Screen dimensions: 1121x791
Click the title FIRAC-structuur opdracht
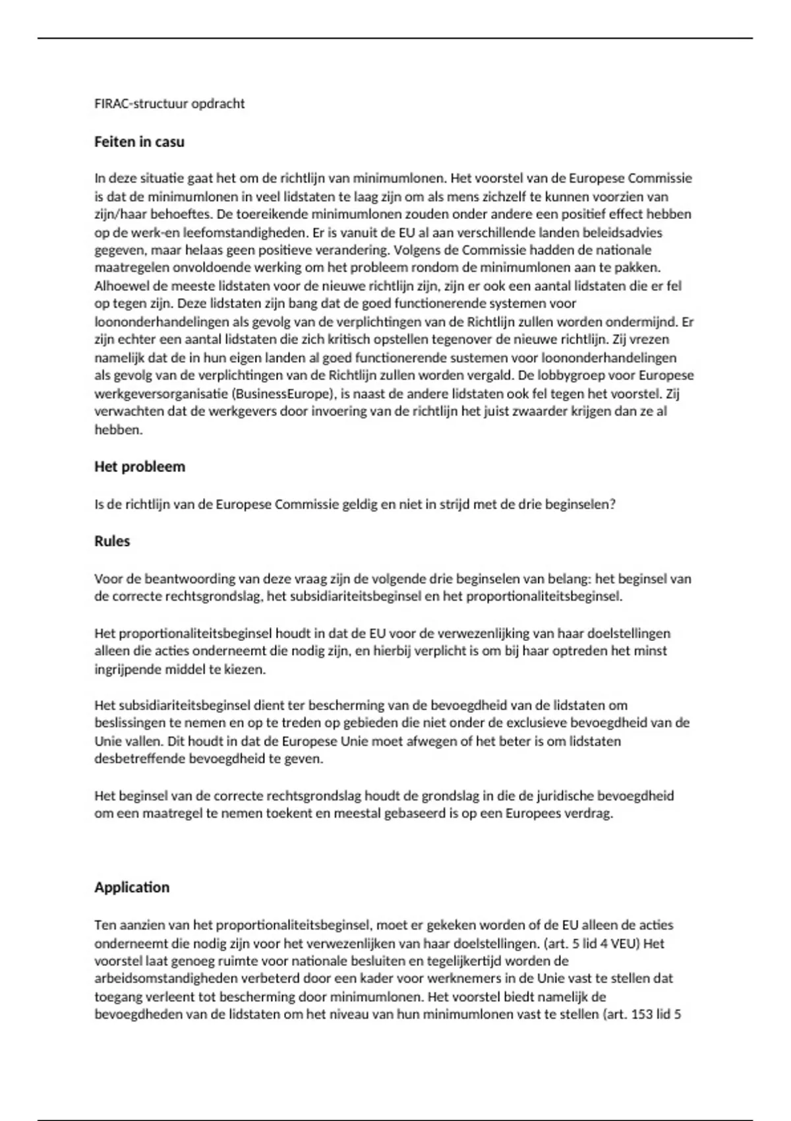tap(169, 104)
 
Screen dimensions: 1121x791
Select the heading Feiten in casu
tap(139, 142)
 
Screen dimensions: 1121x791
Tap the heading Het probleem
tap(140, 467)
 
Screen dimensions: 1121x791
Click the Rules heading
tap(112, 541)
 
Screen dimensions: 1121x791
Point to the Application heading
tap(132, 888)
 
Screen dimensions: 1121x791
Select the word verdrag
tap(591, 813)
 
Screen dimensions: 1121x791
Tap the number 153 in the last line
tap(643, 1014)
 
